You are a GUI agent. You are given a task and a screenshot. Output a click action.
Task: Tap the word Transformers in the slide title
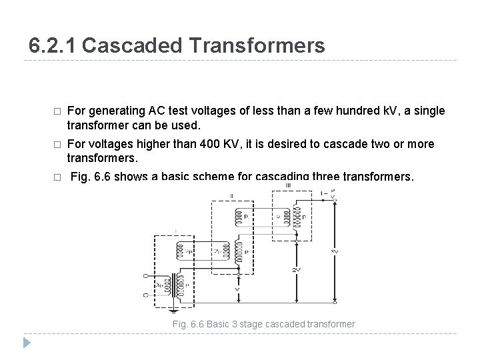pos(260,45)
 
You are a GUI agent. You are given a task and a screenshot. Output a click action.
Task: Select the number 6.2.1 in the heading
pos(53,45)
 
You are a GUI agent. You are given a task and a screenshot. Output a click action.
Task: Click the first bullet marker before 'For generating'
pos(57,111)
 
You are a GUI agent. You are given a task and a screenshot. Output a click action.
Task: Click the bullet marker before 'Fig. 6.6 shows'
pos(57,178)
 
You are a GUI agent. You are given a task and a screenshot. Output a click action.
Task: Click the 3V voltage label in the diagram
pos(334,251)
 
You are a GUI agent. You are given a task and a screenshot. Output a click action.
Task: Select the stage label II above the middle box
pos(231,196)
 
